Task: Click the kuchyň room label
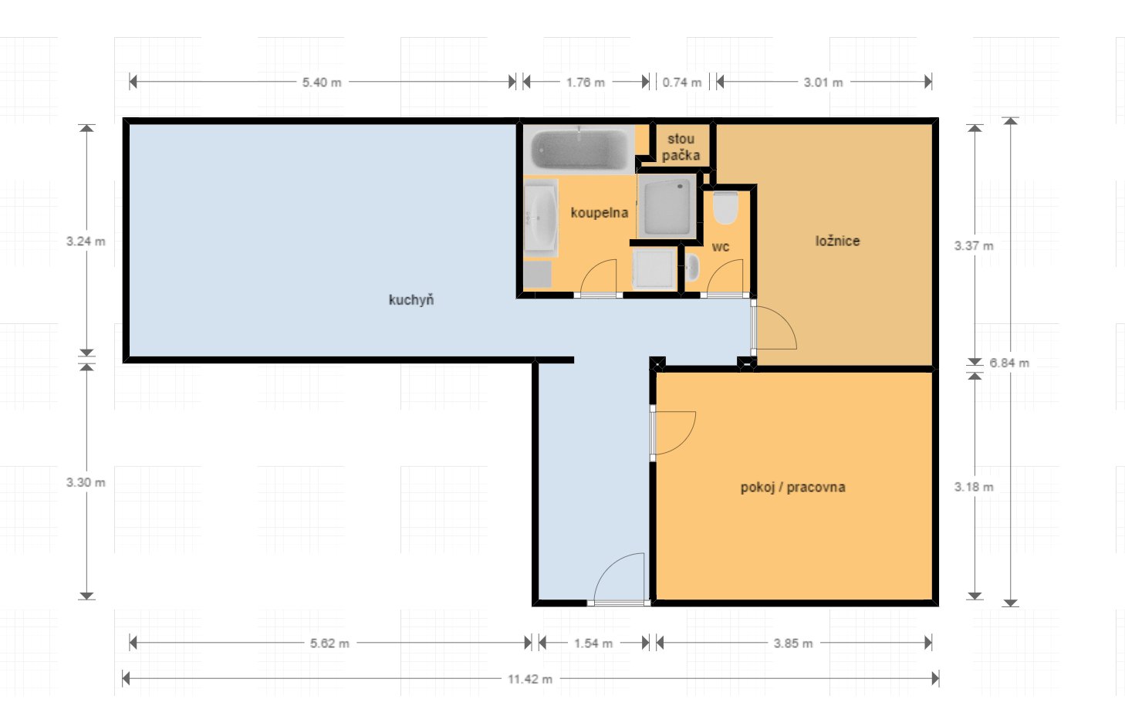[x=410, y=300]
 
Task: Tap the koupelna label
[x=600, y=213]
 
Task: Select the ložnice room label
[x=837, y=241]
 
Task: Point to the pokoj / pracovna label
[x=792, y=487]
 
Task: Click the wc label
[x=720, y=247]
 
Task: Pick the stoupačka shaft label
[x=681, y=147]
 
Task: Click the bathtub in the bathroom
[x=579, y=149]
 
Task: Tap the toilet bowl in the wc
[x=725, y=208]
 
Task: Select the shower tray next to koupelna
[x=667, y=206]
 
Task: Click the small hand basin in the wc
[x=692, y=268]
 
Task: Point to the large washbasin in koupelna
[x=541, y=218]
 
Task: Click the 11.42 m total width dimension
[x=530, y=679]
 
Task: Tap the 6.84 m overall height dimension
[x=1009, y=363]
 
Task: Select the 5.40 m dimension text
[x=322, y=83]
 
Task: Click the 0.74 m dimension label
[x=681, y=83]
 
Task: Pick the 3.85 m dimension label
[x=793, y=643]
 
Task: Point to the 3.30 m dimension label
[x=86, y=482]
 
